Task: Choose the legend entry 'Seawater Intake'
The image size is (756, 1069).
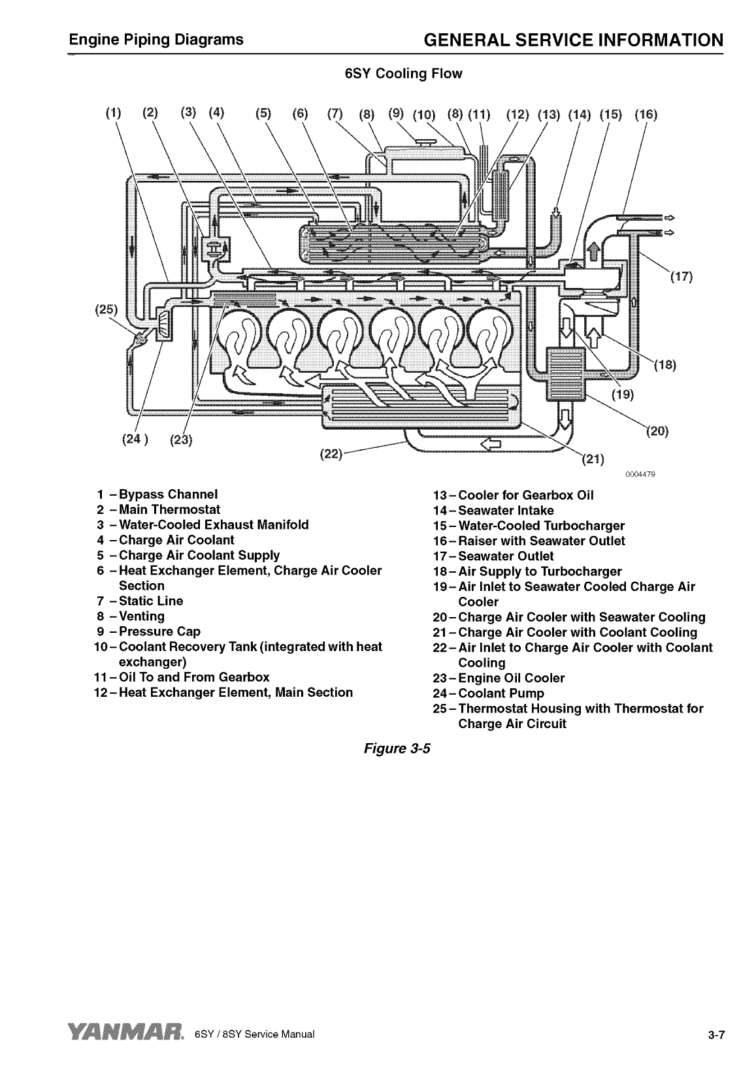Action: pyautogui.click(x=506, y=510)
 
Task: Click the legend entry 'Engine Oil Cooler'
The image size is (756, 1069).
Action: pyautogui.click(x=511, y=678)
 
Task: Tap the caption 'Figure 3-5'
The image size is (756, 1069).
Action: pyautogui.click(x=398, y=748)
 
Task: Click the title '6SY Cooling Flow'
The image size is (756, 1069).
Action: pyautogui.click(x=403, y=74)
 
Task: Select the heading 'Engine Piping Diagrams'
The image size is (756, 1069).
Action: pyautogui.click(x=157, y=40)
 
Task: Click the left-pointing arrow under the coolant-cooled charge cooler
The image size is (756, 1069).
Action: pyautogui.click(x=491, y=444)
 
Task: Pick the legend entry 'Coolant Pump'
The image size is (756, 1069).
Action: pyautogui.click(x=501, y=693)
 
